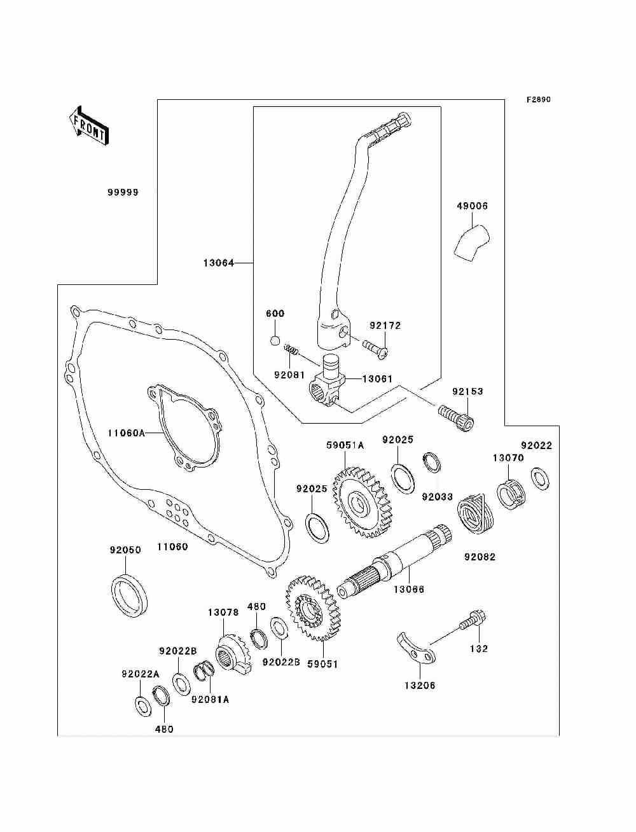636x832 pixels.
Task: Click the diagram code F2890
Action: tap(538, 100)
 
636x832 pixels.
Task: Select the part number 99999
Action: tap(123, 193)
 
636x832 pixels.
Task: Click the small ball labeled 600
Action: tap(275, 340)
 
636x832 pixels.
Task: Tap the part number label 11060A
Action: tap(126, 433)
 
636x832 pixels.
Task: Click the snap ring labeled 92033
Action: tap(432, 462)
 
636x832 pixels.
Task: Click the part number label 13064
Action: tap(219, 263)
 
